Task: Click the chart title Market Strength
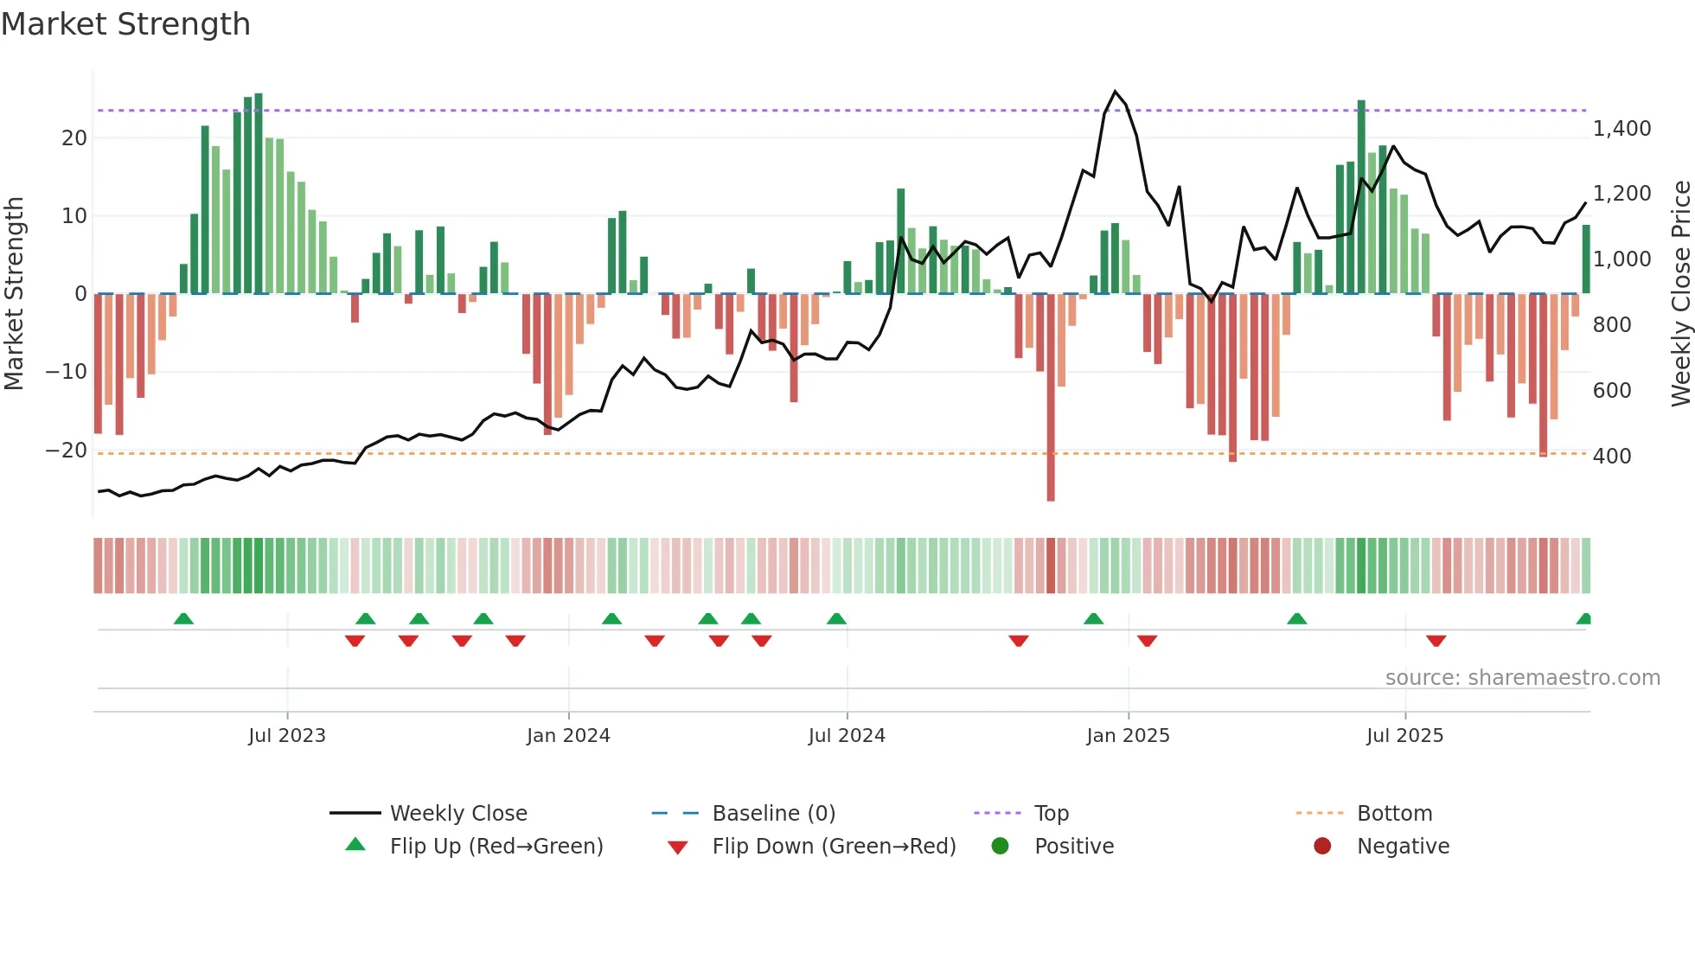click(125, 24)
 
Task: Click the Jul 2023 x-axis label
click(286, 735)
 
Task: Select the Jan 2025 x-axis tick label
click(1128, 735)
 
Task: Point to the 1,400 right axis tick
click(1621, 129)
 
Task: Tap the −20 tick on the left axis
click(67, 450)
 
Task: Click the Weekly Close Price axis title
click(1680, 293)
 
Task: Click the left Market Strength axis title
click(14, 293)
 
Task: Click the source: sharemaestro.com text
click(1522, 677)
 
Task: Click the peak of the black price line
click(1115, 92)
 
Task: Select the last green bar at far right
click(1586, 259)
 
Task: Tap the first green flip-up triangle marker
click(183, 618)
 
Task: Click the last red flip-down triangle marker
click(1436, 641)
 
